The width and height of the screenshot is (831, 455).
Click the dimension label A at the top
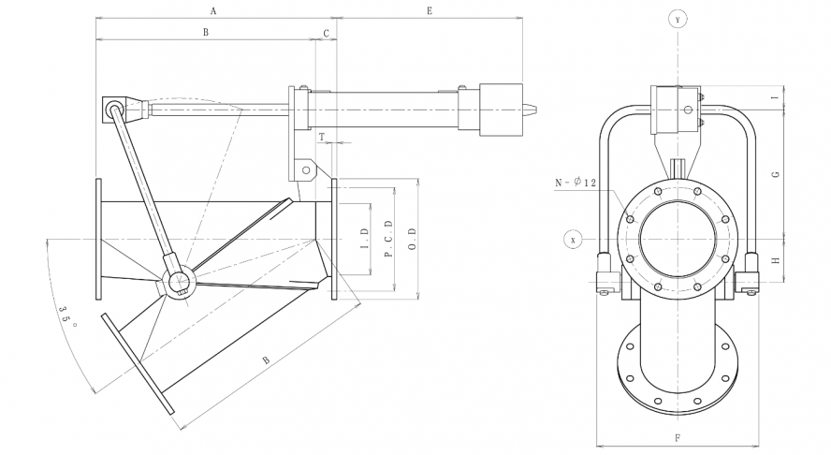[213, 11]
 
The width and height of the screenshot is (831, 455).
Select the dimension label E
[429, 11]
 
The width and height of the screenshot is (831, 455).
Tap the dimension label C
[326, 33]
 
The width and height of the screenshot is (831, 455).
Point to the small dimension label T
[321, 137]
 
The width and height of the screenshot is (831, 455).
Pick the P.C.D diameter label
[387, 238]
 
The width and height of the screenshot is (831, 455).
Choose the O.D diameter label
[412, 238]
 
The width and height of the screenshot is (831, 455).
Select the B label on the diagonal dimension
[267, 360]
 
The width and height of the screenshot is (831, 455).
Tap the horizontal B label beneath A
[206, 33]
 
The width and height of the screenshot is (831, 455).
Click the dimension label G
[775, 174]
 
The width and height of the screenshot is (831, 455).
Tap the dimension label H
[775, 260]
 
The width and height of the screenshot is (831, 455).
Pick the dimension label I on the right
[775, 98]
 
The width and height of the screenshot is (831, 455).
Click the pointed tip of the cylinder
[537, 108]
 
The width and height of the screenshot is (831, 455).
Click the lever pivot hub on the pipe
[178, 280]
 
